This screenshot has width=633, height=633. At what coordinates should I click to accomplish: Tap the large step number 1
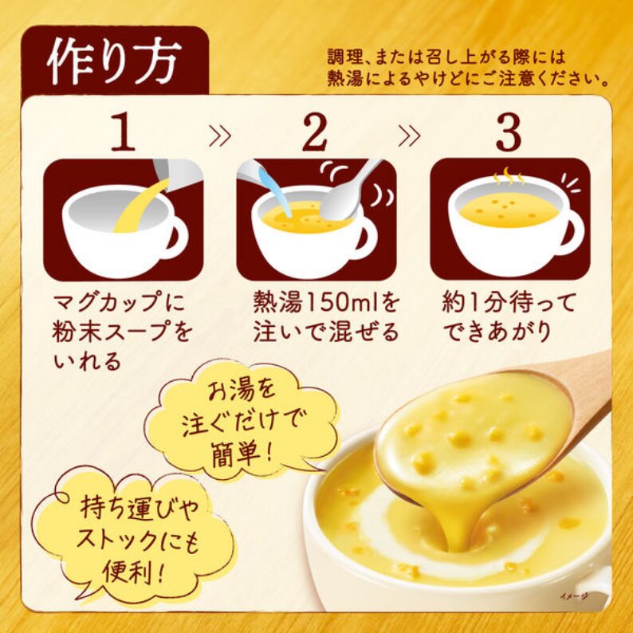123,132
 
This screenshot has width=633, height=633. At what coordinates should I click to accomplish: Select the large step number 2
315,132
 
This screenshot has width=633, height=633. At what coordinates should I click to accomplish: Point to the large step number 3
509,132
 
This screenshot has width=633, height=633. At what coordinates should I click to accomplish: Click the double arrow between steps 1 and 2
221,136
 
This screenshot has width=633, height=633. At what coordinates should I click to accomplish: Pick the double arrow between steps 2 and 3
410,136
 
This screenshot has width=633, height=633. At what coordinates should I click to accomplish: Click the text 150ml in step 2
339,302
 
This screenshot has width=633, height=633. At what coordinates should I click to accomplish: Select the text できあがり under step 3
497,332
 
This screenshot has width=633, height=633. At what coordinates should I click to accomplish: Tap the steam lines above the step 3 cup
509,176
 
